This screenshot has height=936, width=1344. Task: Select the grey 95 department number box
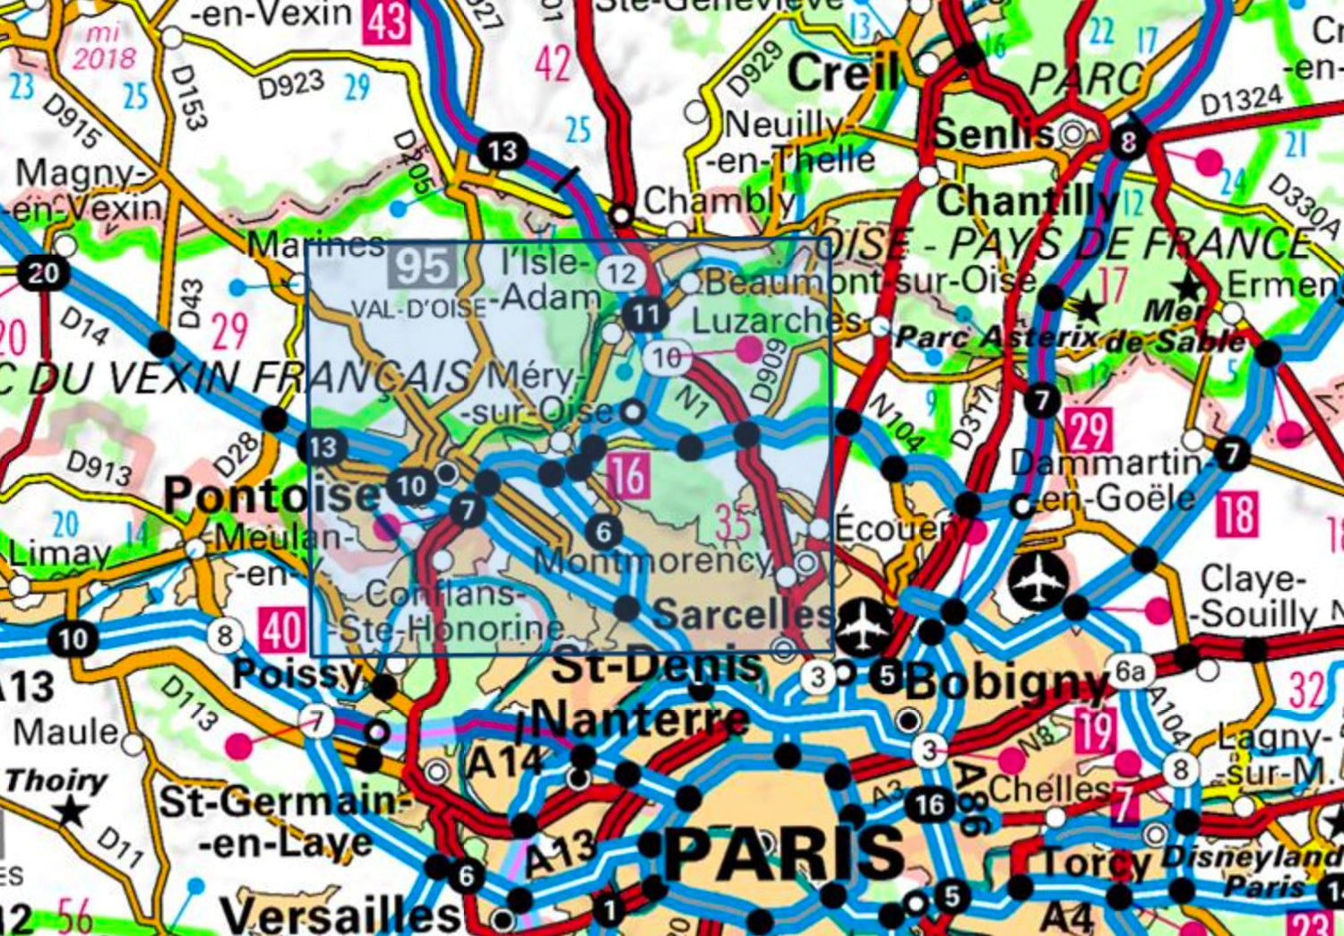(x=423, y=267)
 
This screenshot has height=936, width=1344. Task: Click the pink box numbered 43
(x=387, y=21)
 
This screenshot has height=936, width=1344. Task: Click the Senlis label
(x=993, y=134)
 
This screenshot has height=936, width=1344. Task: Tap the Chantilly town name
(x=1027, y=201)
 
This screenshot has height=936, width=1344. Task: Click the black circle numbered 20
(x=43, y=272)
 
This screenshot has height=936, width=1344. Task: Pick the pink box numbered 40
(x=282, y=630)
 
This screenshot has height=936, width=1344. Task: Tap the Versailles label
(x=340, y=914)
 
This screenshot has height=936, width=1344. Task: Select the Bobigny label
(x=1007, y=683)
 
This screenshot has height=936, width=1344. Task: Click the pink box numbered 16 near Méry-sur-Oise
(x=627, y=475)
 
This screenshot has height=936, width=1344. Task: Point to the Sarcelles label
(x=744, y=614)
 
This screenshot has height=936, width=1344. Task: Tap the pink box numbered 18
(x=1236, y=515)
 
